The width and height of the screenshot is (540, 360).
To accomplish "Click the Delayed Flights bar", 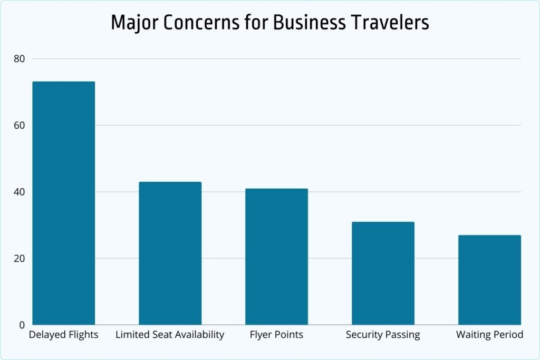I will click(x=64, y=203).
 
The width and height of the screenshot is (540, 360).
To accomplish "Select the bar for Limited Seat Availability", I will click(x=170, y=253).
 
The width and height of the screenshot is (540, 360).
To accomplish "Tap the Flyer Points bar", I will click(x=276, y=257).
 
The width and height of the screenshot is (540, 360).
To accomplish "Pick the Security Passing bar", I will click(x=383, y=273).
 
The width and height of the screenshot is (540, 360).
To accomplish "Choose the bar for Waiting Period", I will click(x=489, y=280).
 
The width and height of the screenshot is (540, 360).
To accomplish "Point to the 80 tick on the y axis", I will click(x=20, y=59).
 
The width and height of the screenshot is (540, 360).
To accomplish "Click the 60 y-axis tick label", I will click(x=20, y=125).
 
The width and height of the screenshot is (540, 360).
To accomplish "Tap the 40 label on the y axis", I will click(x=20, y=192).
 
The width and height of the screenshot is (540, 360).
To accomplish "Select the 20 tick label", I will click(x=20, y=258).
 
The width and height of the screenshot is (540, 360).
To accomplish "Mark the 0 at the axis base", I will click(x=22, y=325).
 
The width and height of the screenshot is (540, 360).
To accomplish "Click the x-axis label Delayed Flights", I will click(x=64, y=335).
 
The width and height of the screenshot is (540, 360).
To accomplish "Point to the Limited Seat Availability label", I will click(x=170, y=335).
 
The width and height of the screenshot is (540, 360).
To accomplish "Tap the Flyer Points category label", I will click(x=276, y=335).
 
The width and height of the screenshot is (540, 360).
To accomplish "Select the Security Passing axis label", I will click(x=383, y=335).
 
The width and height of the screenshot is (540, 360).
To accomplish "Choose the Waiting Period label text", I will click(x=489, y=335).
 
